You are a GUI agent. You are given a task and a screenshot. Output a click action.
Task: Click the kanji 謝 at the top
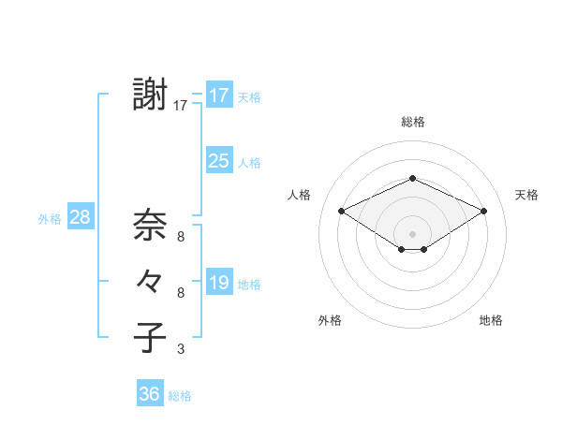(x=151, y=95)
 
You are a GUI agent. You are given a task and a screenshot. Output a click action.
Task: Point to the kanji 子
(x=151, y=338)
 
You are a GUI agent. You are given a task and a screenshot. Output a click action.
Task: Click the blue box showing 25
(x=219, y=161)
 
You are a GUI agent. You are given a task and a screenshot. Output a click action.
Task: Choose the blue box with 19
(x=219, y=283)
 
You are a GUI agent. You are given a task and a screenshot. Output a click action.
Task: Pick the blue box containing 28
(x=81, y=217)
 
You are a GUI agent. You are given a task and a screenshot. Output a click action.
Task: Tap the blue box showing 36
(x=150, y=394)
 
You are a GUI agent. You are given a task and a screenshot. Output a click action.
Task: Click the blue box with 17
(x=219, y=95)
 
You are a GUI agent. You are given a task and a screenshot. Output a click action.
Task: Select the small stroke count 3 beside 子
(x=181, y=350)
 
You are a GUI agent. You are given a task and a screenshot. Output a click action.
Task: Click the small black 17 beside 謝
(x=181, y=107)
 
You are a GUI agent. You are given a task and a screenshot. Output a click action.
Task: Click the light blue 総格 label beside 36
(x=180, y=396)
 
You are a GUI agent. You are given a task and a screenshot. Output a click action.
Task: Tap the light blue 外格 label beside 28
(x=50, y=219)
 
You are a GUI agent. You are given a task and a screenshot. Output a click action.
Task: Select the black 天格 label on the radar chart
(x=526, y=195)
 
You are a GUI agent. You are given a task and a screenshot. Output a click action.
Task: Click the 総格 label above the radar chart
(x=412, y=122)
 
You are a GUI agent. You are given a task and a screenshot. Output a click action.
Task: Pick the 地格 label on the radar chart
(x=491, y=321)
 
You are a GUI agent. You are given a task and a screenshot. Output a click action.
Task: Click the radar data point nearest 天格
(x=484, y=211)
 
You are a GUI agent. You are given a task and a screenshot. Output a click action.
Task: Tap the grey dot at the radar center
(x=412, y=233)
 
